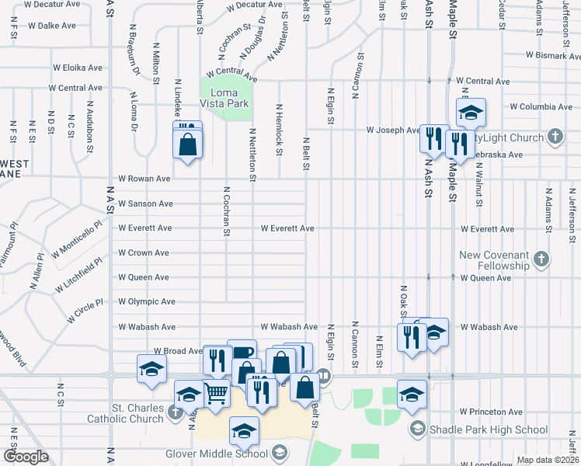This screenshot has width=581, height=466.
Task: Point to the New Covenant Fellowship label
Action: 493,260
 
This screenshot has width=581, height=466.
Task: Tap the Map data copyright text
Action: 547,460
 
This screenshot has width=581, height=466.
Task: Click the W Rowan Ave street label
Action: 144,179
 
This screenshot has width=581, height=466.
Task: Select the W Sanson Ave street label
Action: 145,203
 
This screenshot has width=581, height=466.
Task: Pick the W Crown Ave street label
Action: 143,252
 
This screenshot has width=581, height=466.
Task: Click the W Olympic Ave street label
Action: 146,301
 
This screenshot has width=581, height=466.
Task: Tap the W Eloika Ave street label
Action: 77,68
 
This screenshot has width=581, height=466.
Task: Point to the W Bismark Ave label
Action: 552,56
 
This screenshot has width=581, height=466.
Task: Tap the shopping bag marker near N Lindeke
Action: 188,144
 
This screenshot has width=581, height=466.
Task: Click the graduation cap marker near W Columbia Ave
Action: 470,113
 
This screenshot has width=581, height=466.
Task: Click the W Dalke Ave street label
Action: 51,26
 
